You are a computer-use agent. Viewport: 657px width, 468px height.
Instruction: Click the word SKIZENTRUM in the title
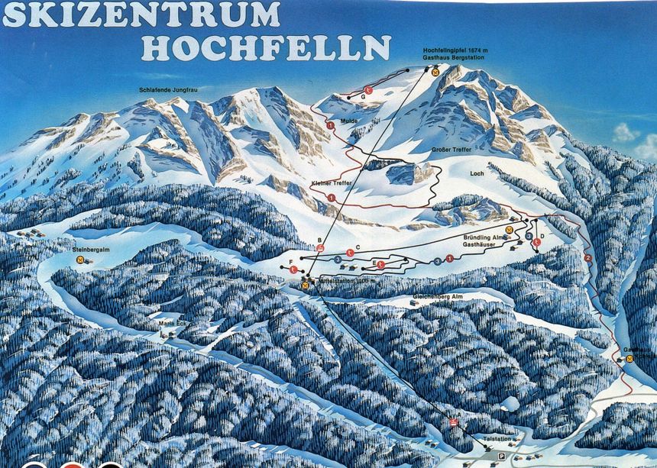142,15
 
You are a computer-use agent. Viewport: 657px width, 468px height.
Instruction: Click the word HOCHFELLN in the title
266,47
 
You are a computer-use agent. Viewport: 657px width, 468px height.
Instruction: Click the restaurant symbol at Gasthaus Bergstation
435,72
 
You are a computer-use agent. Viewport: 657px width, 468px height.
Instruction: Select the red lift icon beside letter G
367,91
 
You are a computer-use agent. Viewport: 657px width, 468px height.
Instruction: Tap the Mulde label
349,121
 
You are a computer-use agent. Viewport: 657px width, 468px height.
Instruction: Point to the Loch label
477,173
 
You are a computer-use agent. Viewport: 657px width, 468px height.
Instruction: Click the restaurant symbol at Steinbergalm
80,260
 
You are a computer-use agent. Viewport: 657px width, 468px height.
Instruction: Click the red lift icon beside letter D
536,242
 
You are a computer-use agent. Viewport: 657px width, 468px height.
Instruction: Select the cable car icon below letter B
320,248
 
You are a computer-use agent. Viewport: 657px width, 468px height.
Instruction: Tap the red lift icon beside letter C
349,253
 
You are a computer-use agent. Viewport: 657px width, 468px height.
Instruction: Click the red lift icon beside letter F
293,270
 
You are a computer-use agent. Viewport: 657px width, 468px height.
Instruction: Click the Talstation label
497,438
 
